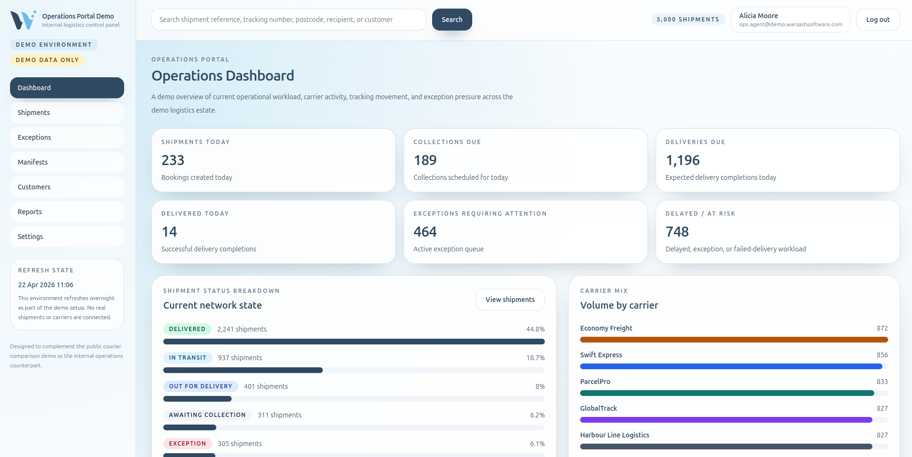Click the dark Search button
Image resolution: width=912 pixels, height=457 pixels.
452,20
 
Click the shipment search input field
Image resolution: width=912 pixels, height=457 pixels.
288,20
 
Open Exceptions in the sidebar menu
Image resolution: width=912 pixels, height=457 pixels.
67,137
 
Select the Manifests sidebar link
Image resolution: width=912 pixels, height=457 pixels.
67,162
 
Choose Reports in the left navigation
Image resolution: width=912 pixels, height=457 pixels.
67,212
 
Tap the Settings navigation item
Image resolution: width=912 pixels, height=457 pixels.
67,237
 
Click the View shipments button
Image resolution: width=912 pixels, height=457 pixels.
510,300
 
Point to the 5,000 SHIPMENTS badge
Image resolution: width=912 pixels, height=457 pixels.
688,20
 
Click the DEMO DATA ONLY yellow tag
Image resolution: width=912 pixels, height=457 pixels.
47,60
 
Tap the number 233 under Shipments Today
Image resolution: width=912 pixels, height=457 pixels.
173,160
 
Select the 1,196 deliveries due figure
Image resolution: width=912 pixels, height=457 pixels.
682,160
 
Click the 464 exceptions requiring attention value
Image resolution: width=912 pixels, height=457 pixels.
425,232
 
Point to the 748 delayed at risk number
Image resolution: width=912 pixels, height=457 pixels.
677,232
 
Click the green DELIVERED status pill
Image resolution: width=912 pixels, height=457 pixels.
187,329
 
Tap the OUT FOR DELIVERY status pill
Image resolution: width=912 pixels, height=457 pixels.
201,386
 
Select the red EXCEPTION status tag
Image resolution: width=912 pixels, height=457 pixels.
187,444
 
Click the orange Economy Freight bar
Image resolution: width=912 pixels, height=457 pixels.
733,340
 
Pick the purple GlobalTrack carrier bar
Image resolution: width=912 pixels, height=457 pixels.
726,420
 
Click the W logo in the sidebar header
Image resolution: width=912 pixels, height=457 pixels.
23,20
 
